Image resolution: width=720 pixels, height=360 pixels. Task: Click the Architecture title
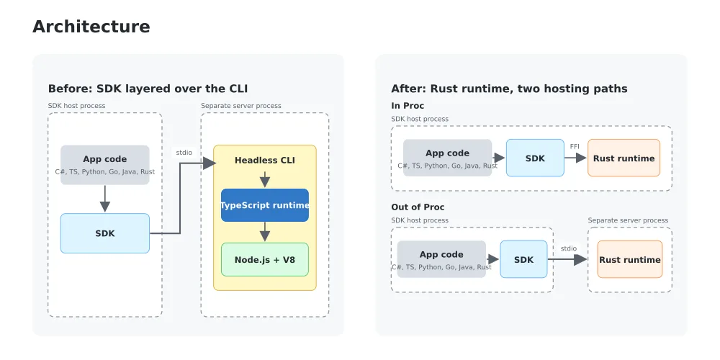91,27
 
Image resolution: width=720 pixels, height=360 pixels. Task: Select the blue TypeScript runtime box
265,205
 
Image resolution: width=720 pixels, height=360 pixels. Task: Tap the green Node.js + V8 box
265,259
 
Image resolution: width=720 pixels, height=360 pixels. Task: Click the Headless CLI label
265,161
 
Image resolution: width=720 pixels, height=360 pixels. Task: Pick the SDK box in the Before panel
105,233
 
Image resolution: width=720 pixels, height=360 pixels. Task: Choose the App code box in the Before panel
105,165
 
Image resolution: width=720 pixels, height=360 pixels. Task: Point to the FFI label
575,146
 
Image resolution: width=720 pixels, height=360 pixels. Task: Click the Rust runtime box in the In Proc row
624,158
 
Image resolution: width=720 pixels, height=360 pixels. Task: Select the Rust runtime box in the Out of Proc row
630,259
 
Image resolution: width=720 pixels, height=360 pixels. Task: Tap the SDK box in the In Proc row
536,158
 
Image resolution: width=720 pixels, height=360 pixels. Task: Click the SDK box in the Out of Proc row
524,259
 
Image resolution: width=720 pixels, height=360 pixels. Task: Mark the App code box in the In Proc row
448,158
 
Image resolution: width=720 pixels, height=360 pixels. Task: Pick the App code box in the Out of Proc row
442,259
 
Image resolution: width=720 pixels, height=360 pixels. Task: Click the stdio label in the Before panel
184,153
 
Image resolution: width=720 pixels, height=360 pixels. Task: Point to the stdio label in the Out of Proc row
569,248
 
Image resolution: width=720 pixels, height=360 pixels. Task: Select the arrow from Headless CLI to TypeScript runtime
265,179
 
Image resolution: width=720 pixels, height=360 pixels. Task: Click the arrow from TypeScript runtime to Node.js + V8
265,232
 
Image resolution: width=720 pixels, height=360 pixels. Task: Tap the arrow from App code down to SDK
105,199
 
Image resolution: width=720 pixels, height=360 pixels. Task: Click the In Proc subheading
408,106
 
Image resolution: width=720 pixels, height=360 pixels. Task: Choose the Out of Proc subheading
418,207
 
